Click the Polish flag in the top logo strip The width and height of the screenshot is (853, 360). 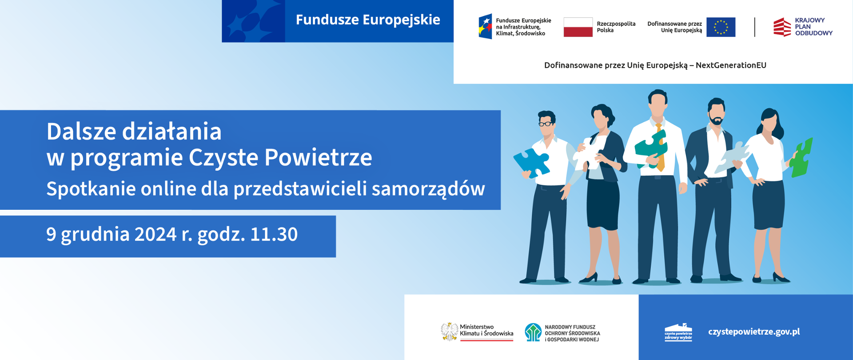[578, 27]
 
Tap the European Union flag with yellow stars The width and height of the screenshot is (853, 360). [721, 27]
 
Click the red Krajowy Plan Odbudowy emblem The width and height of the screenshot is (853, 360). [782, 27]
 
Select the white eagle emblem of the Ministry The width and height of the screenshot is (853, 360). [450, 332]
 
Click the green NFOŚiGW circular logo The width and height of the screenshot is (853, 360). [533, 332]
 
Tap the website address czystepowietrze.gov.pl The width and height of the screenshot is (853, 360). [754, 332]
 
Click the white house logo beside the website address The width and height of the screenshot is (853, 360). [678, 332]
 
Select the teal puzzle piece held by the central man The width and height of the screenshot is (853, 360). [651, 149]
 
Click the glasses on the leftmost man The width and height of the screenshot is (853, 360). [546, 124]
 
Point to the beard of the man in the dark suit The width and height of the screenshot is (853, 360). [716, 120]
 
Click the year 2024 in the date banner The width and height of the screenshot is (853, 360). [155, 234]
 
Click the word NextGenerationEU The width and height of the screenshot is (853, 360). [731, 65]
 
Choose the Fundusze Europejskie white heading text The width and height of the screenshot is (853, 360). [368, 20]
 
